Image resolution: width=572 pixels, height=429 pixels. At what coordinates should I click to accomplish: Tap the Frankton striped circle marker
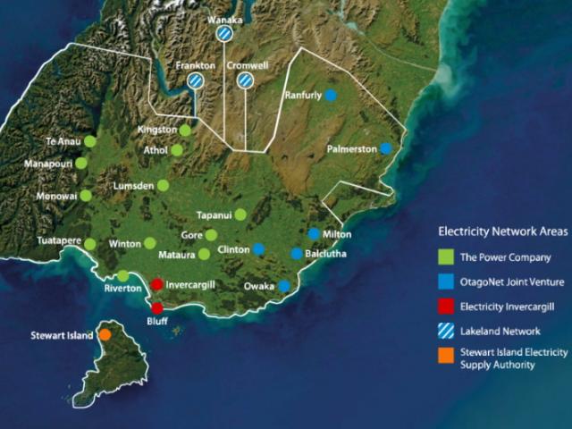(x=195, y=80)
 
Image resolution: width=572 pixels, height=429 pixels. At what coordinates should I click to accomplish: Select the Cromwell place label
(x=246, y=65)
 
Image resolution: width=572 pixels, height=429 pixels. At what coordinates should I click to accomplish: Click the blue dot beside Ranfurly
(x=331, y=95)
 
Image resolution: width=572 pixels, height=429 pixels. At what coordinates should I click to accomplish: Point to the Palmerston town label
(x=351, y=148)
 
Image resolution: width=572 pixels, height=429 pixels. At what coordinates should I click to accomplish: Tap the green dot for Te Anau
(x=90, y=141)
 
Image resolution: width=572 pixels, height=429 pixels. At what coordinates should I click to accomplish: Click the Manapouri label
(x=48, y=164)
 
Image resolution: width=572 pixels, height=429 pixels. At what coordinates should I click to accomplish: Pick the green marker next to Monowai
(x=86, y=195)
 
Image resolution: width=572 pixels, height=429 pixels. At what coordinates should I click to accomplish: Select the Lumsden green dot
(x=163, y=185)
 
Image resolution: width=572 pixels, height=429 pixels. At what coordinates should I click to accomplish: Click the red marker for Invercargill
(x=156, y=284)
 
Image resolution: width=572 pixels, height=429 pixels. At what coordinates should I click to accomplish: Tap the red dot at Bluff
(x=156, y=307)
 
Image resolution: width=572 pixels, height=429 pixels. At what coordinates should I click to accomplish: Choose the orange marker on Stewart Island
(x=105, y=334)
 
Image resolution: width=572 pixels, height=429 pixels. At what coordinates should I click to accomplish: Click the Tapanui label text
(x=215, y=214)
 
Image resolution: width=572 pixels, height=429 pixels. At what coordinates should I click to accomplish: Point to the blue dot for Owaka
(x=283, y=286)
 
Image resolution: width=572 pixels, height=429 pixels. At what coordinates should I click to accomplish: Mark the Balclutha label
(x=325, y=254)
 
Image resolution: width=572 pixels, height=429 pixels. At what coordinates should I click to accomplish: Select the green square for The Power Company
(x=445, y=257)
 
